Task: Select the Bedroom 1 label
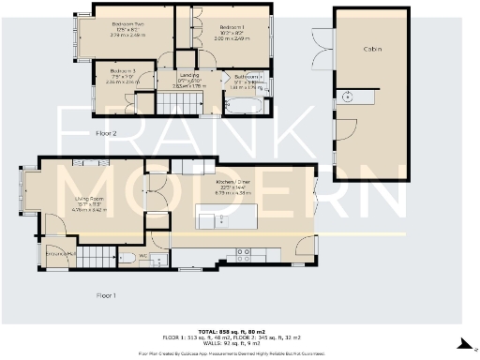[x=231, y=27]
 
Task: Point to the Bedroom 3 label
[x=123, y=71]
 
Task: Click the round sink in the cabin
[x=348, y=96]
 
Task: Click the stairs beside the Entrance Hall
[x=91, y=255]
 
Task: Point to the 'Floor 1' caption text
[x=105, y=294]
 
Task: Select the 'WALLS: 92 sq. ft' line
[x=239, y=344]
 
